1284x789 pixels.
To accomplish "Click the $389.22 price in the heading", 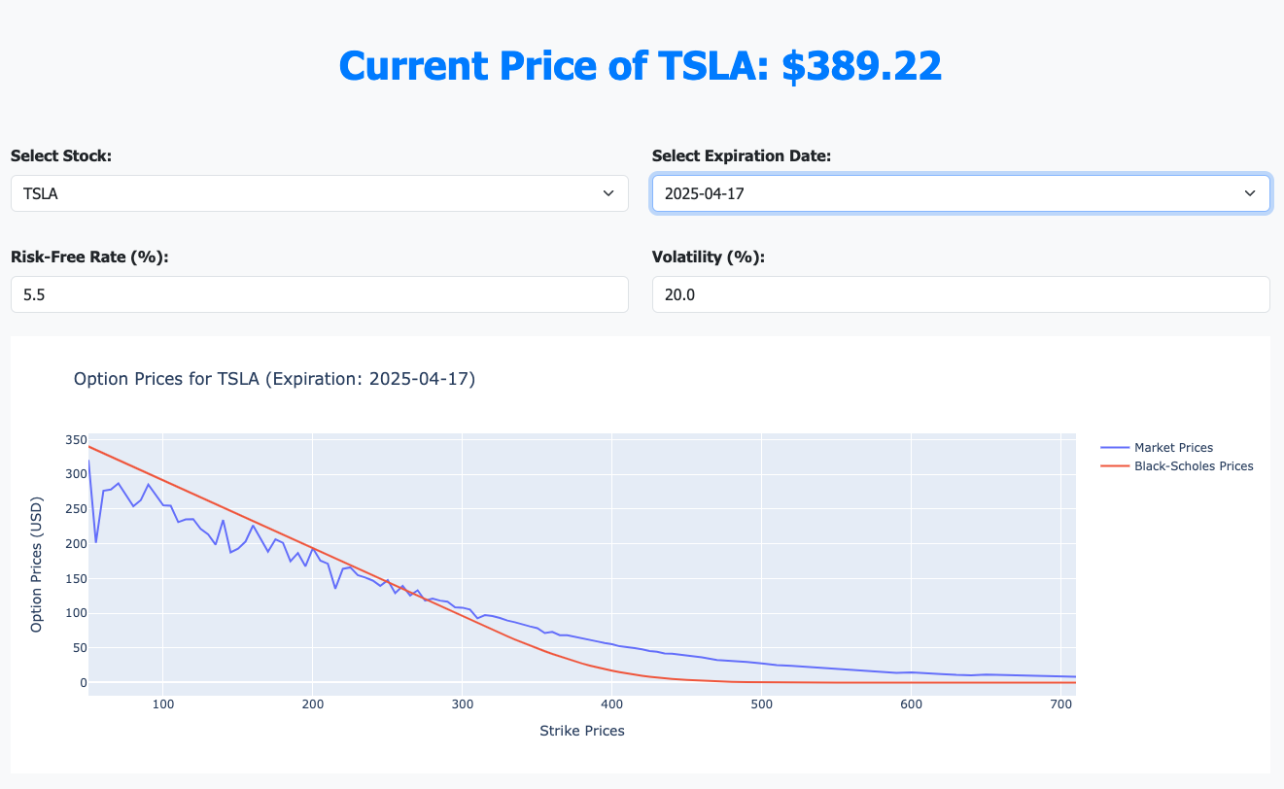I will pyautogui.click(x=862, y=66).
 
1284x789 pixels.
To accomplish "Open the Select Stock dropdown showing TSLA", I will pyautogui.click(x=319, y=193).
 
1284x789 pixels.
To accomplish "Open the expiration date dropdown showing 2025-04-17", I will pyautogui.click(x=960, y=193).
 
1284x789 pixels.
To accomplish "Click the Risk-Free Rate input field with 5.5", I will pyautogui.click(x=319, y=294).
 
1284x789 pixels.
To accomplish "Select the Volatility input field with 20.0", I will pyautogui.click(x=960, y=294).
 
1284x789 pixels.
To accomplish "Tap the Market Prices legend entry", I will pyautogui.click(x=1173, y=448).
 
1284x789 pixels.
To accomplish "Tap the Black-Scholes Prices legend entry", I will pyautogui.click(x=1193, y=466).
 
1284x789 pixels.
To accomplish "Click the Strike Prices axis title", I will pyautogui.click(x=581, y=731).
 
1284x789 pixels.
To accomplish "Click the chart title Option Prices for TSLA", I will pyautogui.click(x=274, y=379).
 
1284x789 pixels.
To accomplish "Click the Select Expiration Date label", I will pyautogui.click(x=741, y=155).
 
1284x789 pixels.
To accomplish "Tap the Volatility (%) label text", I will pyautogui.click(x=708, y=257).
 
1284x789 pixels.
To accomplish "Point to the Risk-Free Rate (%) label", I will pyautogui.click(x=89, y=257).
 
